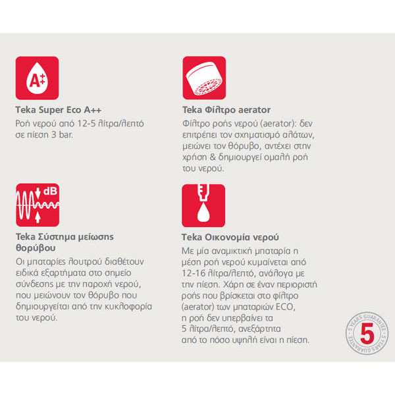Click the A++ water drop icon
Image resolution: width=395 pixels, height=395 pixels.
[x=37, y=78]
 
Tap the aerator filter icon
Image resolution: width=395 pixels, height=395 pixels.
[x=204, y=78]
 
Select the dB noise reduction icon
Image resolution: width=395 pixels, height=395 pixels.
[x=38, y=205]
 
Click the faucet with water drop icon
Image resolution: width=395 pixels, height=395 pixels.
[x=203, y=205]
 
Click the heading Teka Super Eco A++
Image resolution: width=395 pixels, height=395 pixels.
[x=59, y=110]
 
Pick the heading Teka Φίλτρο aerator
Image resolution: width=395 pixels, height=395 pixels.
[x=226, y=110]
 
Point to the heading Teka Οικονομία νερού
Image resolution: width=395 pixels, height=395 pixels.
[x=230, y=237]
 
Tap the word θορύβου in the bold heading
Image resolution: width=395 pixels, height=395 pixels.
[x=36, y=248]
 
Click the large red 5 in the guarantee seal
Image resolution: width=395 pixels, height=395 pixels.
[x=367, y=333]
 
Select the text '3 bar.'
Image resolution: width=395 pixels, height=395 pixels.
[x=62, y=135]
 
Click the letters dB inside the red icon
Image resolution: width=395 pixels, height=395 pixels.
[x=50, y=191]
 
